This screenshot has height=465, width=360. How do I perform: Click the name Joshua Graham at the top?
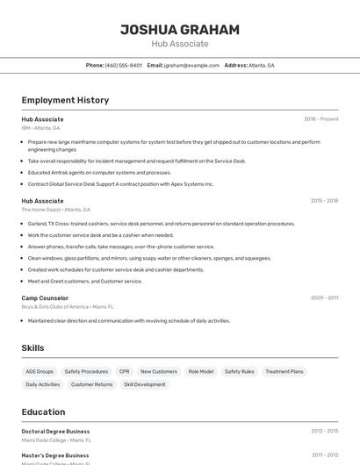tap(179, 30)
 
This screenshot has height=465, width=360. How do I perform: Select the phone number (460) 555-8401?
tap(124, 65)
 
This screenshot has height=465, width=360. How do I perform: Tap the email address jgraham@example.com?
tap(191, 65)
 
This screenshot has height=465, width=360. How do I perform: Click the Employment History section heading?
tap(65, 100)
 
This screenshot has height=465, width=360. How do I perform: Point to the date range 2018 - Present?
tap(320, 119)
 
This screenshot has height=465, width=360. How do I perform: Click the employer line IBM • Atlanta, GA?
tap(41, 128)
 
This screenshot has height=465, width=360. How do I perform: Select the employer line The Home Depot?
tap(56, 210)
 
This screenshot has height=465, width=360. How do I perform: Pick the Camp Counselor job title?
tap(45, 298)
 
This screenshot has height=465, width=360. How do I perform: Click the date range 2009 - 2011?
tap(324, 298)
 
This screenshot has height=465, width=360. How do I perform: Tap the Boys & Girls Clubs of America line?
tap(68, 307)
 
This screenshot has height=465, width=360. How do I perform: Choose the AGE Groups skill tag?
tap(40, 371)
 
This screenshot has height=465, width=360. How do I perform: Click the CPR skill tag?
tap(124, 371)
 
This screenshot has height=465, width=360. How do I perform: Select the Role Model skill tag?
tap(200, 371)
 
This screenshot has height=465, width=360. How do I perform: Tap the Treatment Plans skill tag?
tap(284, 371)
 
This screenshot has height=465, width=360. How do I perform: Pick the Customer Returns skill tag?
tap(91, 384)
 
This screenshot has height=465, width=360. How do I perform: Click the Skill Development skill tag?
tap(144, 384)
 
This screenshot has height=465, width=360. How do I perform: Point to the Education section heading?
tap(43, 411)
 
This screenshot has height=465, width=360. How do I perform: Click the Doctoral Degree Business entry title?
tap(55, 431)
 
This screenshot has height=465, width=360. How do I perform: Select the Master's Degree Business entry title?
tap(55, 455)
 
